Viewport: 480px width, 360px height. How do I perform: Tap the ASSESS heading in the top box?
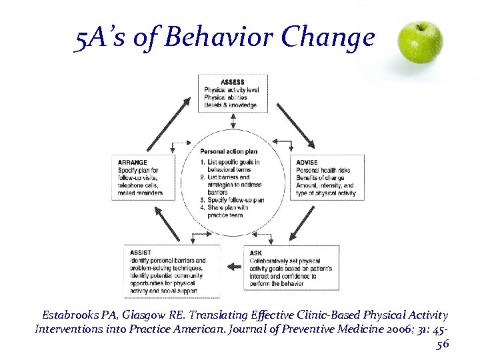click(232, 82)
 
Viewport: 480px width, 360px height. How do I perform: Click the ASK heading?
click(256, 253)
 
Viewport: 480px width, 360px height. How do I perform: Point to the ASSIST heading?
click(140, 253)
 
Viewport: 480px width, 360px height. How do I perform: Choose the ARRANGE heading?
click(133, 162)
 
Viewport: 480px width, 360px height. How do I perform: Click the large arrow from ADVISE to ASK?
click(303, 223)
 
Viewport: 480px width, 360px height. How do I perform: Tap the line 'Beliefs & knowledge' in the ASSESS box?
click(231, 105)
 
